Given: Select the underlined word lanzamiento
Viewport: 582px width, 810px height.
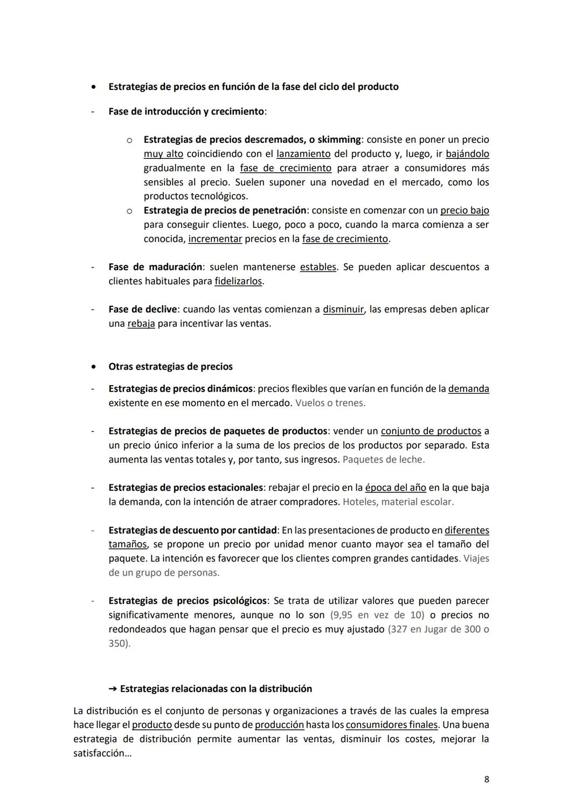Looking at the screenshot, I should [303, 154].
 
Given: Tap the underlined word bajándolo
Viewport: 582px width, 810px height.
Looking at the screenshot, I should [467, 154].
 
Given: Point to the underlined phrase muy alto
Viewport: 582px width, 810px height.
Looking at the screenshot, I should [163, 154].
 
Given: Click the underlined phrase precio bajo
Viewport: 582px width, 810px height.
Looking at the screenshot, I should [465, 211].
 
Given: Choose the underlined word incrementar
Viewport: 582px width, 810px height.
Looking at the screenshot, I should [215, 239].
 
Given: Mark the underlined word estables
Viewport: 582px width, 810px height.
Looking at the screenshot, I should [318, 267].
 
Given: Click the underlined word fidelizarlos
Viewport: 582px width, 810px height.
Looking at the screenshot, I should [238, 281].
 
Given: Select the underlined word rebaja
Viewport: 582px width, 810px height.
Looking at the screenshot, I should [141, 324].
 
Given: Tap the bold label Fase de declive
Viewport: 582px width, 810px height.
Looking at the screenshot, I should [143, 310].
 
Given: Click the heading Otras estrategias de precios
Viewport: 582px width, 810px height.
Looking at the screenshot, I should [171, 367].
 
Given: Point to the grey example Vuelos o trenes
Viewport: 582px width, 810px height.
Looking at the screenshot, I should [330, 403].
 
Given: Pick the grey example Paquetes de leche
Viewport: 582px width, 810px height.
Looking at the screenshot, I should [384, 459].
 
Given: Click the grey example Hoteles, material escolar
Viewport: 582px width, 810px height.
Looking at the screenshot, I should [398, 502].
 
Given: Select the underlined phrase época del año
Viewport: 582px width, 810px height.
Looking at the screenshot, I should [396, 487].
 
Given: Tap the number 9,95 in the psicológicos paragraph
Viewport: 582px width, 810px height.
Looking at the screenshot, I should [342, 615].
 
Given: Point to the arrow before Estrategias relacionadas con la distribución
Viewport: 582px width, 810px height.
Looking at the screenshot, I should [113, 689].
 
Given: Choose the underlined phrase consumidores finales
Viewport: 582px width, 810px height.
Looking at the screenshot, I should [392, 725].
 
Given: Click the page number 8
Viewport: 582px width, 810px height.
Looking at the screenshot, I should [487, 779].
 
